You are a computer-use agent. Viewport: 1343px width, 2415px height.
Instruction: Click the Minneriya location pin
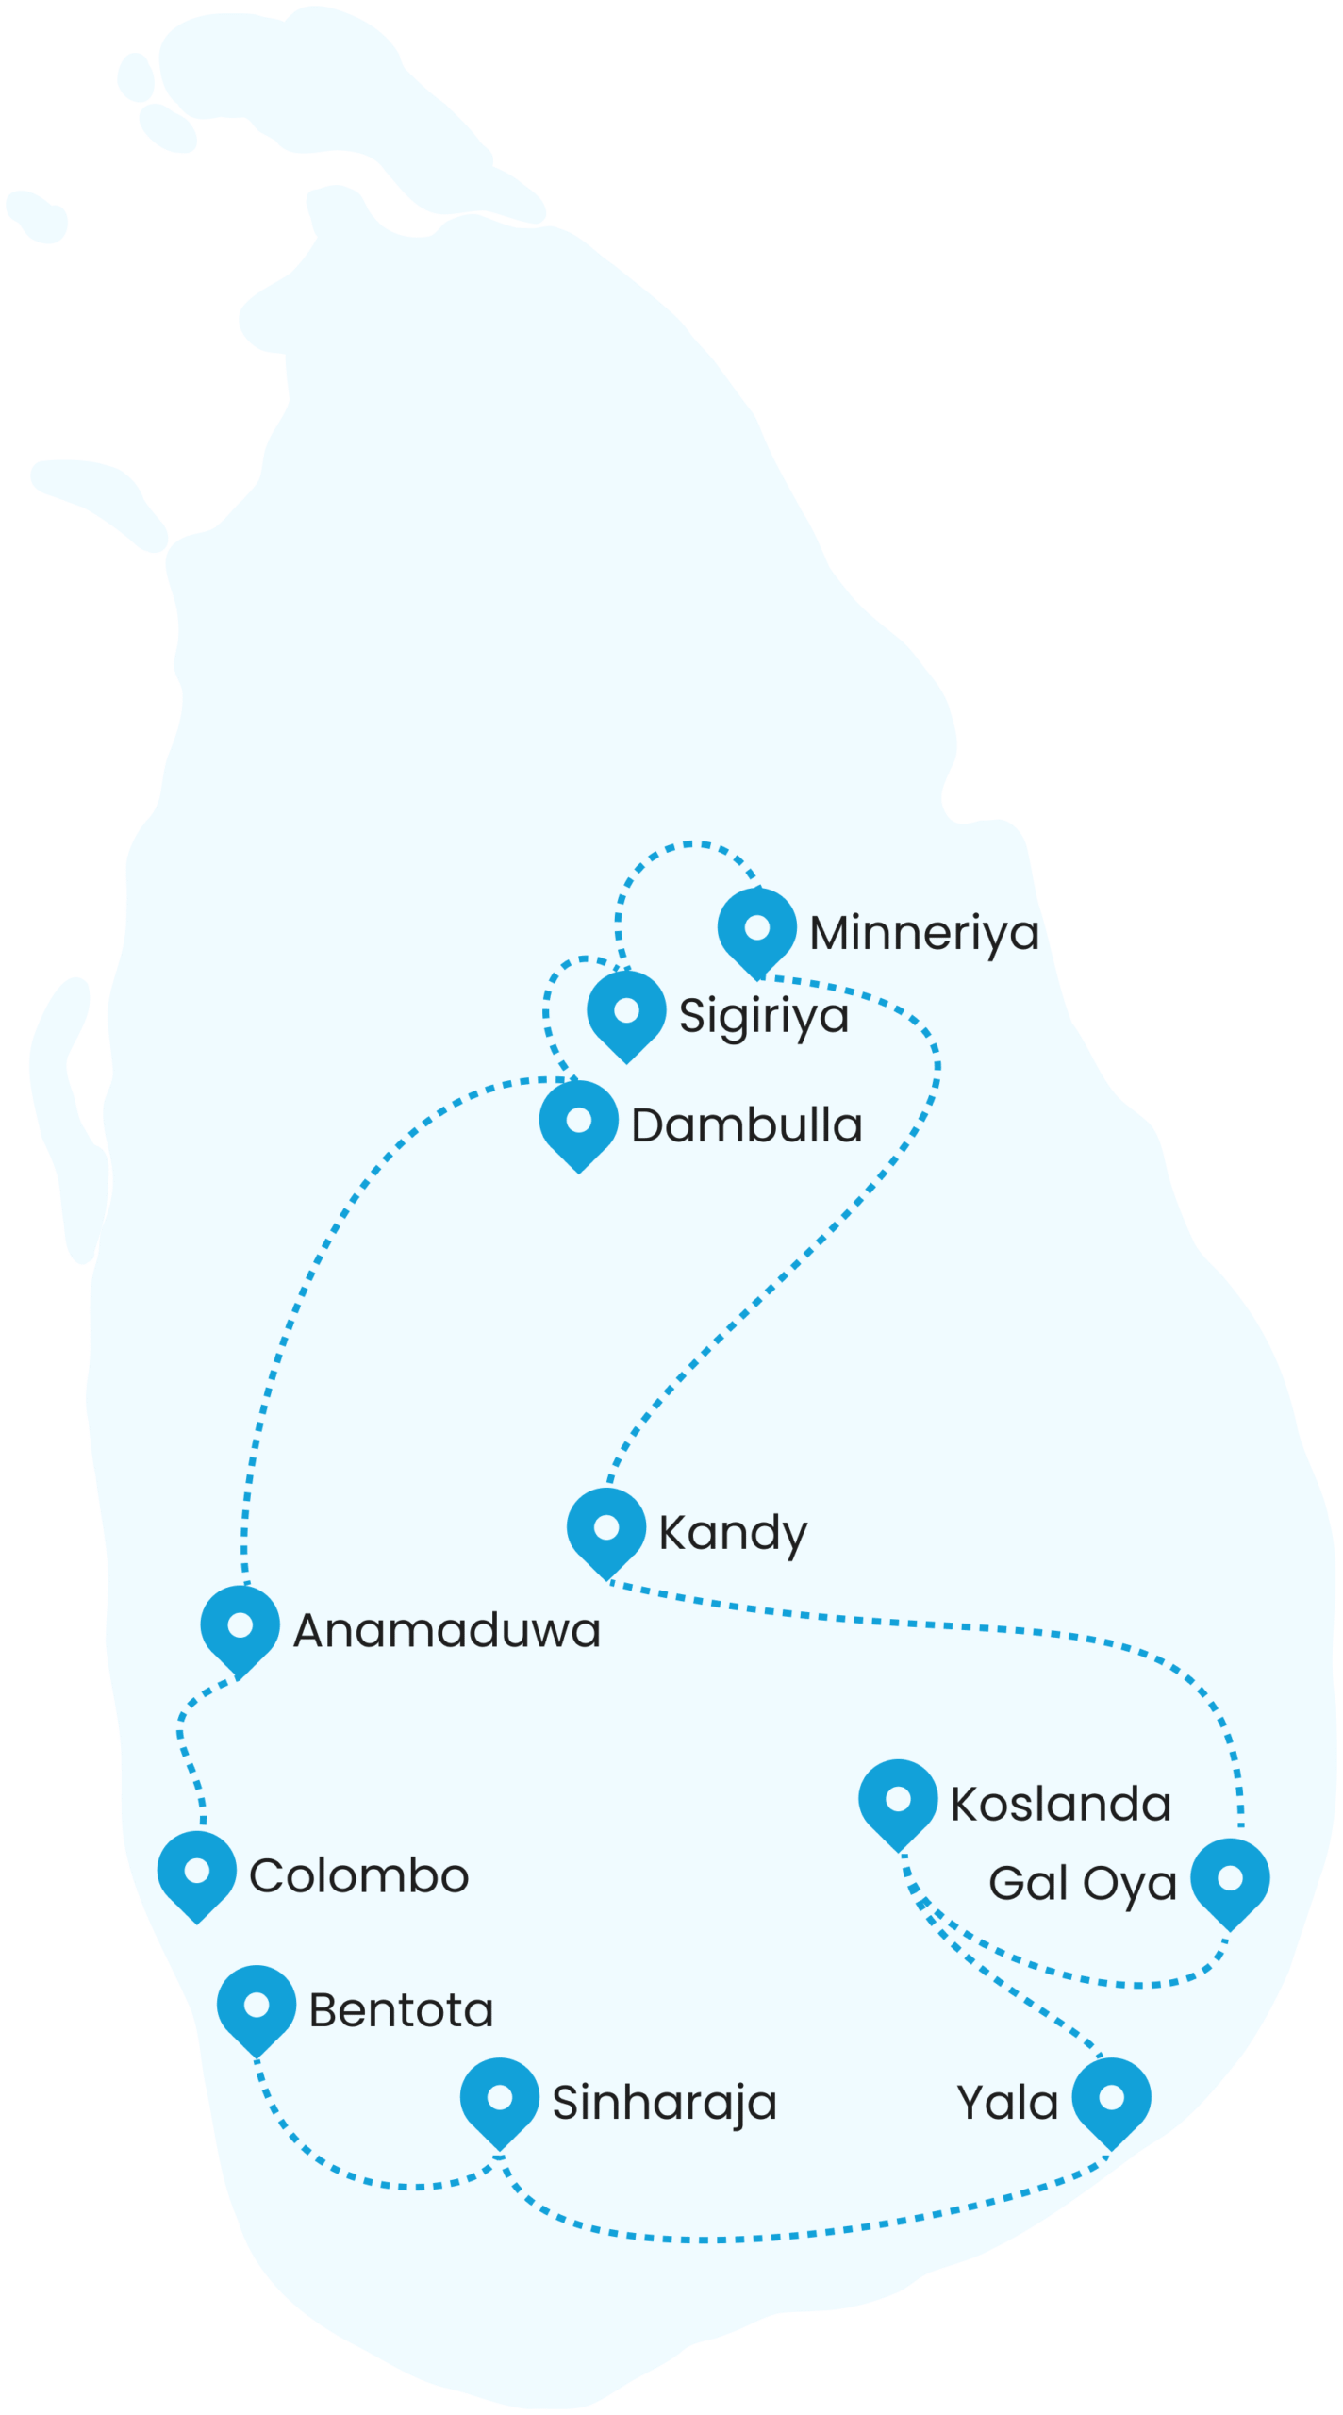pos(756,929)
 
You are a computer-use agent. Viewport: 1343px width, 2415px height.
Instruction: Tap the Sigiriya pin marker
pos(626,1012)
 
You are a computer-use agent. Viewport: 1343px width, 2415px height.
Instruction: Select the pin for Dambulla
pos(579,1122)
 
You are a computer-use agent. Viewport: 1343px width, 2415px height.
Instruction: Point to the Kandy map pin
pos(606,1528)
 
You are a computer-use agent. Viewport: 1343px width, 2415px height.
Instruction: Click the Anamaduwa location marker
pos(240,1626)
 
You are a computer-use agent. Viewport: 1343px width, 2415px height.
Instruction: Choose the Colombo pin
pos(197,1872)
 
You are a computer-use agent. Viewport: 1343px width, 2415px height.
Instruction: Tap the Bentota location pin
pos(257,2006)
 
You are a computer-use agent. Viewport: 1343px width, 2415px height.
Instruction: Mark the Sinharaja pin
pos(500,2098)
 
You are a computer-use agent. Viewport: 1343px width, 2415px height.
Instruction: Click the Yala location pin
pos(1112,2098)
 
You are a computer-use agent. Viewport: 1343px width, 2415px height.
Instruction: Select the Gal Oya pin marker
pos(1230,1879)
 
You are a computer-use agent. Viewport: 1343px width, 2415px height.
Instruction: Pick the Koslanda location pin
pos(898,1800)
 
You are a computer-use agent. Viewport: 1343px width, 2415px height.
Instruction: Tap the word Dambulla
pos(746,1126)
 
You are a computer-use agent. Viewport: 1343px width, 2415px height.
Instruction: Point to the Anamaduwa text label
pos(446,1631)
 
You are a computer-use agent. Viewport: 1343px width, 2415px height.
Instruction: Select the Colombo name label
pos(358,1876)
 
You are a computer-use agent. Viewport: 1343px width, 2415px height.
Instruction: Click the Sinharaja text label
pos(664,2104)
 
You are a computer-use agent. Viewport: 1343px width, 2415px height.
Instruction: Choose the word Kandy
pos(733,1534)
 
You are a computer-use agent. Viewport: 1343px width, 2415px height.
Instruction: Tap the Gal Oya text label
pos(1082,1884)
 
